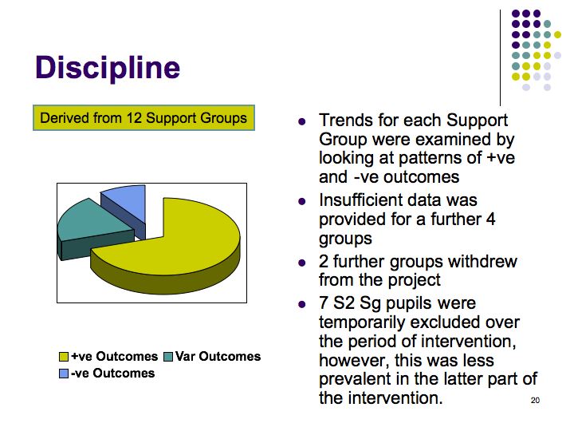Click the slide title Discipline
(108, 68)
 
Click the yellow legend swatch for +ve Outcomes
(64, 357)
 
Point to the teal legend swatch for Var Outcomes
(168, 357)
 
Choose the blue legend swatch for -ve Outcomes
(64, 374)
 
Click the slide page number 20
(535, 400)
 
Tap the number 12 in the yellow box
(134, 118)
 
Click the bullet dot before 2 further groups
(302, 263)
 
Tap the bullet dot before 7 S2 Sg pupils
(302, 304)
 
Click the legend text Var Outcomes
(218, 356)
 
